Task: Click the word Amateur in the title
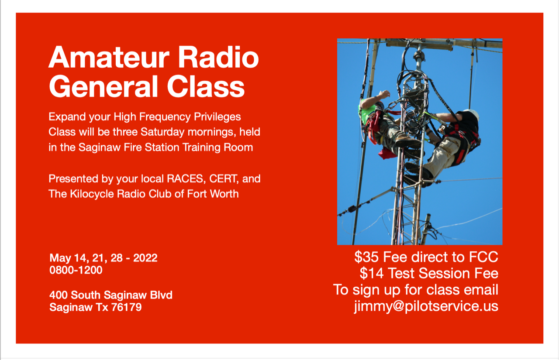click(109, 57)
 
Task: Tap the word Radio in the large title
click(218, 57)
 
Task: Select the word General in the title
click(104, 86)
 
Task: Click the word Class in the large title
click(206, 86)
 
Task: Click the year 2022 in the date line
click(145, 258)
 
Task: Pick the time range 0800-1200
click(76, 270)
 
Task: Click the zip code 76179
click(126, 307)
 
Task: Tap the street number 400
click(59, 295)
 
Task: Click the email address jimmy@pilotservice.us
click(426, 306)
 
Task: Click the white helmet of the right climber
click(472, 114)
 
